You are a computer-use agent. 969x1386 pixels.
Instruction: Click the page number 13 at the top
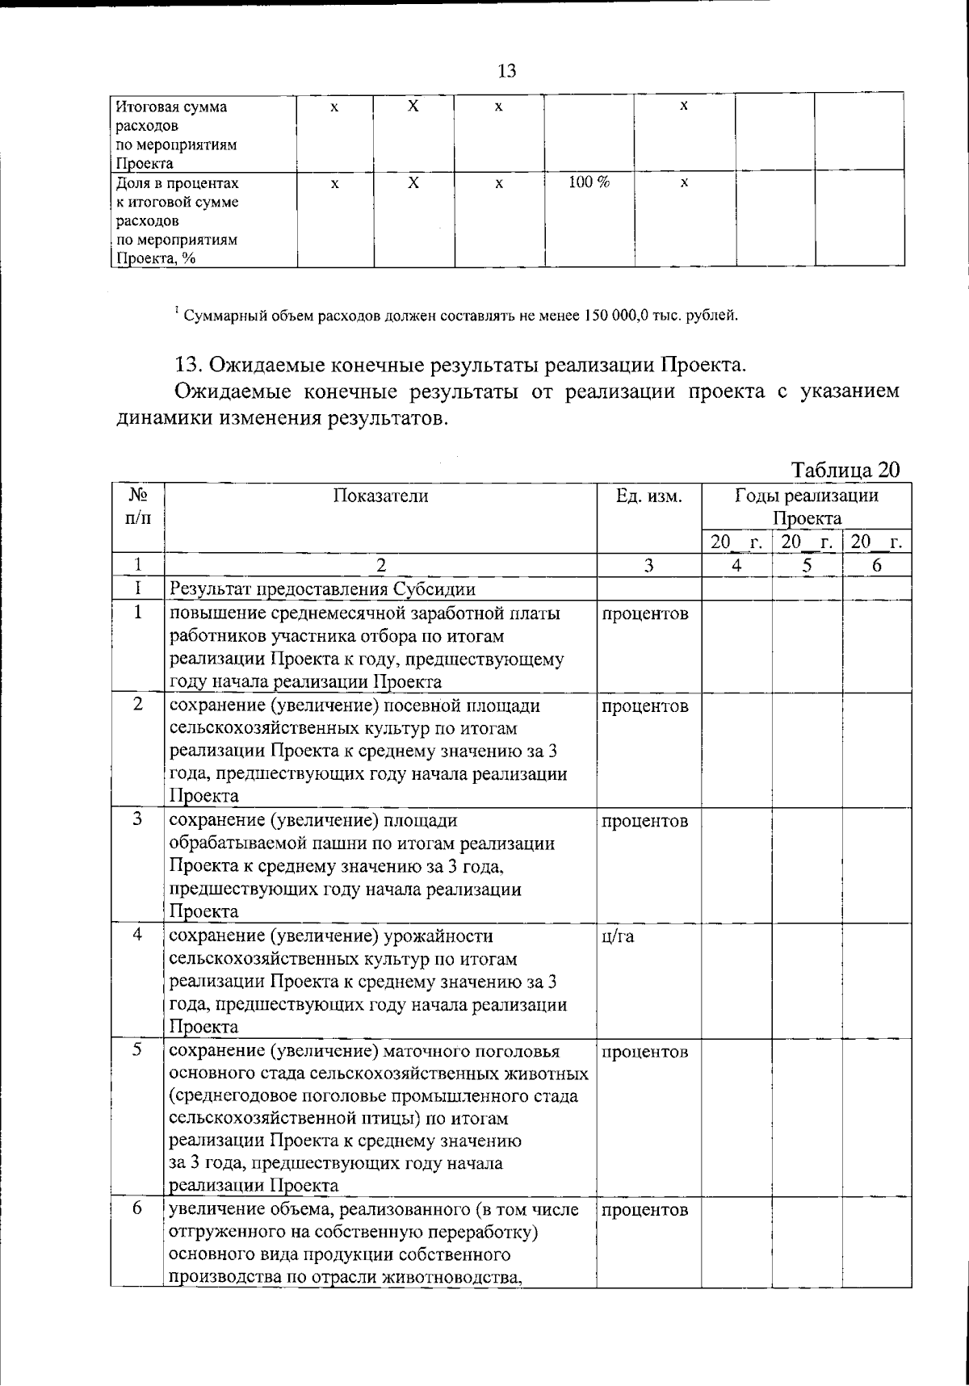[x=506, y=71]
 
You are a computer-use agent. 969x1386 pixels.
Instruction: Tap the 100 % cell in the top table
[x=589, y=182]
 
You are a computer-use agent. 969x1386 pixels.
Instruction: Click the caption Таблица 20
[x=845, y=470]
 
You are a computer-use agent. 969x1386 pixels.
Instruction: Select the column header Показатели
[x=380, y=496]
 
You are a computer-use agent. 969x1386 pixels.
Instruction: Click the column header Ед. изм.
[x=648, y=496]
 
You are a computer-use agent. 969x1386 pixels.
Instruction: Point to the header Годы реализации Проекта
[x=806, y=507]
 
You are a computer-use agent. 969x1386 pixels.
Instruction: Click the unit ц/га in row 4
[x=618, y=936]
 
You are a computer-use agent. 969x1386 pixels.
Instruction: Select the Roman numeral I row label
[x=138, y=588]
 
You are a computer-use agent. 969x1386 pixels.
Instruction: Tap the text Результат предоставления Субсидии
[x=322, y=588]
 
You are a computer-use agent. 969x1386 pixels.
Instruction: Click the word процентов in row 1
[x=645, y=613]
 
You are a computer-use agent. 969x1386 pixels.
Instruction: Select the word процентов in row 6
[x=645, y=1209]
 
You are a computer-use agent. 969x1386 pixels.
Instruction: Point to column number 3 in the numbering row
[x=648, y=565]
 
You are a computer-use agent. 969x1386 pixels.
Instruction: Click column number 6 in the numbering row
[x=876, y=565]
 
